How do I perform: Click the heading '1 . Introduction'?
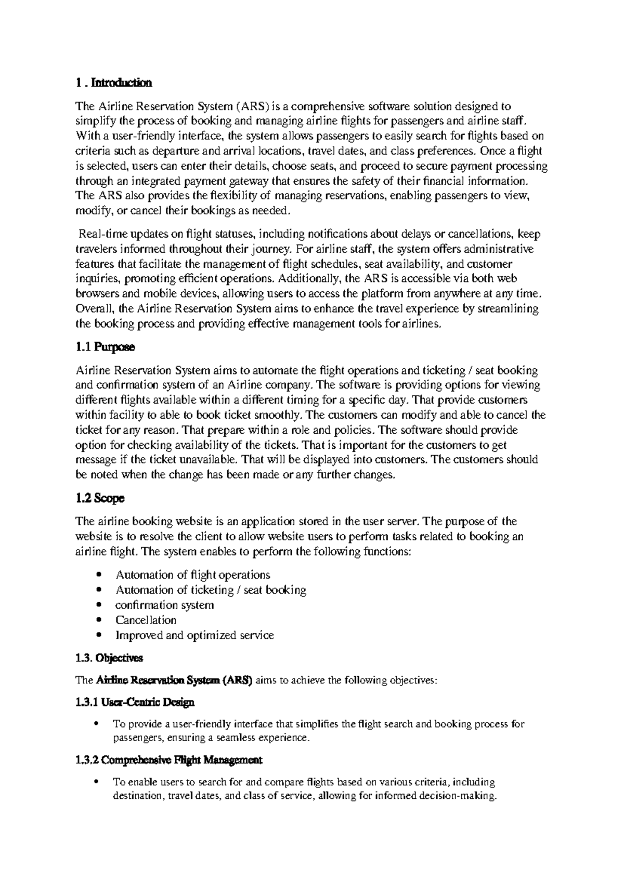tap(113, 83)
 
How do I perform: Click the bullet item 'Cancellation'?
tap(146, 620)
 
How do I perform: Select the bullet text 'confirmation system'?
tap(164, 605)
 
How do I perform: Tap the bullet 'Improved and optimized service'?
tap(194, 635)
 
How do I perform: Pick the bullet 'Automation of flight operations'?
tap(192, 575)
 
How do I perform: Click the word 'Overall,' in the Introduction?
tap(95, 309)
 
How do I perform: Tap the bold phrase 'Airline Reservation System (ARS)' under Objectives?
tap(174, 680)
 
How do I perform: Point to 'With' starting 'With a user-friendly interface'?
tap(85, 137)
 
